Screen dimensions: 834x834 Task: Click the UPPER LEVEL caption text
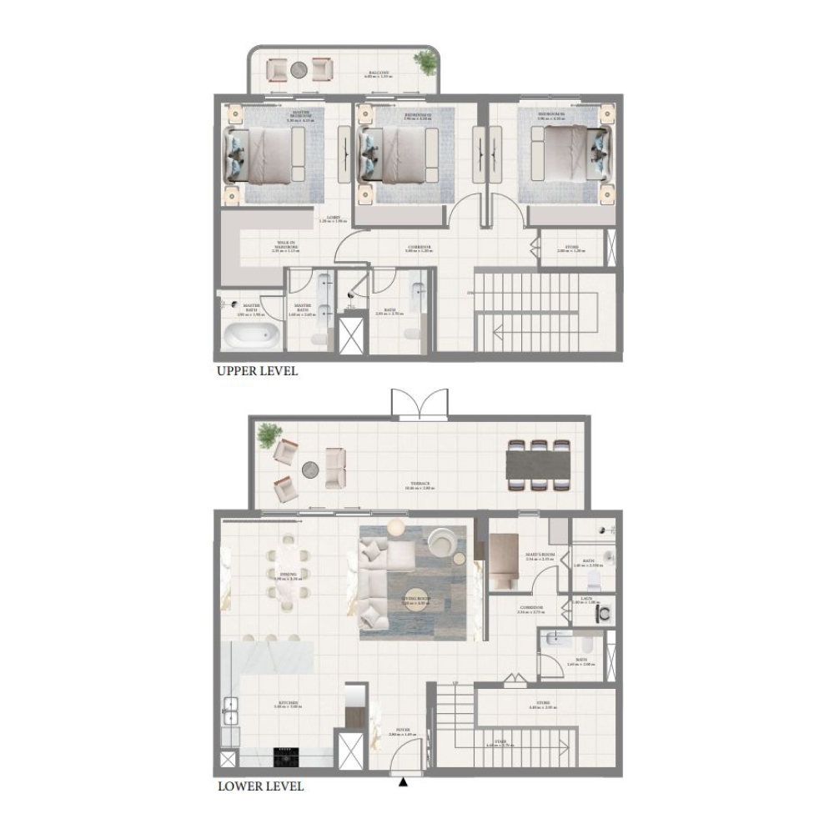coord(257,371)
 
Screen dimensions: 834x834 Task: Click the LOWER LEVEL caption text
coord(260,786)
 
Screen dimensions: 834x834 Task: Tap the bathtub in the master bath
coord(250,337)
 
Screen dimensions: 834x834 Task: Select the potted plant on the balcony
coord(425,62)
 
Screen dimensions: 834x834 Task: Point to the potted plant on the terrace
coord(269,435)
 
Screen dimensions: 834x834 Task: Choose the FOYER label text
coord(404,734)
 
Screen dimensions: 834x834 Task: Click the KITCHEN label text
coord(289,705)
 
